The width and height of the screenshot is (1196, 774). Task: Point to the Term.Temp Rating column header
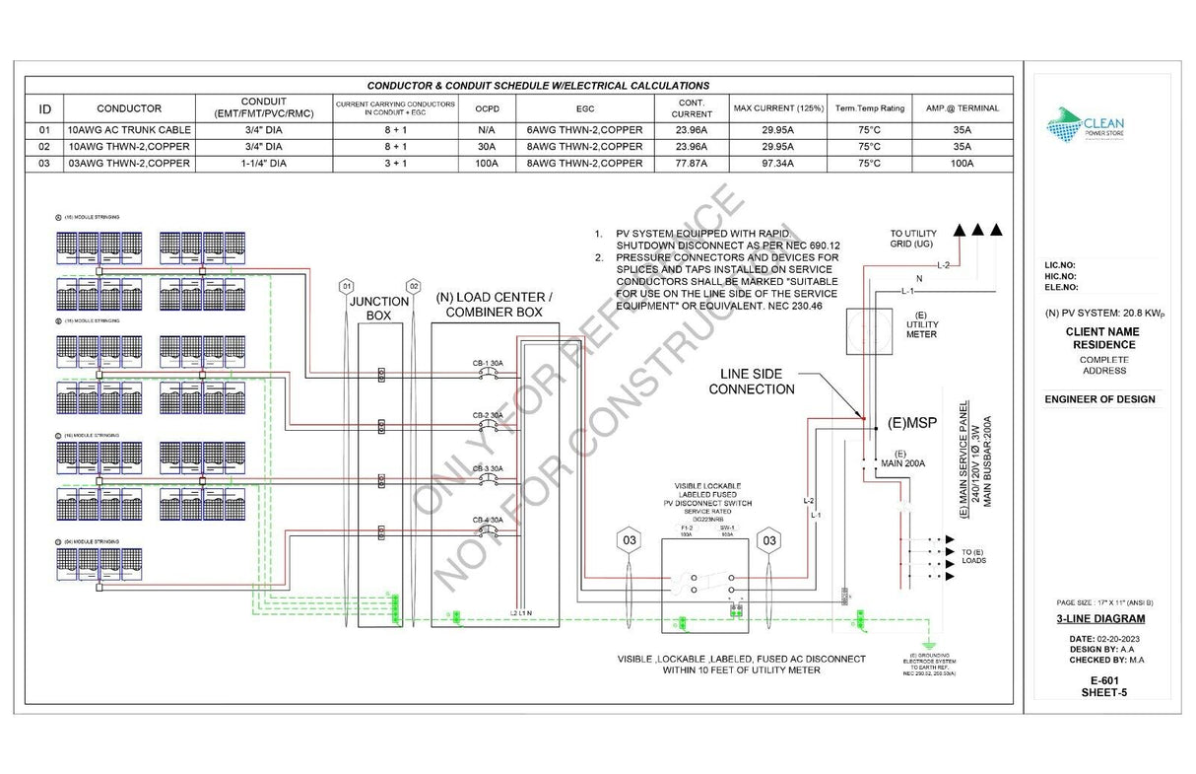tap(870, 108)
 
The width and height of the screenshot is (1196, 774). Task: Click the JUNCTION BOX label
tap(379, 309)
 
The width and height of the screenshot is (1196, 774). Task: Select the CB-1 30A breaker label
tap(487, 364)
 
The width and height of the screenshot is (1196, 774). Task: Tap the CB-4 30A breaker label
tap(487, 520)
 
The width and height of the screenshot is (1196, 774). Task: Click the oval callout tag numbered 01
tap(346, 286)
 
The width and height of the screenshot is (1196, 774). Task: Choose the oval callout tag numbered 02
tap(414, 286)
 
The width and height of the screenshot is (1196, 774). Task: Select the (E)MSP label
tap(911, 423)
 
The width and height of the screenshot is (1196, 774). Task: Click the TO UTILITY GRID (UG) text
tap(913, 238)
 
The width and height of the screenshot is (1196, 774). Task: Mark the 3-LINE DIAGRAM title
tap(1100, 619)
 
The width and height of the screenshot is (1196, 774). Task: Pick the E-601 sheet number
tap(1100, 680)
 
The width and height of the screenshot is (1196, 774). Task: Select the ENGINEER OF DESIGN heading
tap(1100, 399)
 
